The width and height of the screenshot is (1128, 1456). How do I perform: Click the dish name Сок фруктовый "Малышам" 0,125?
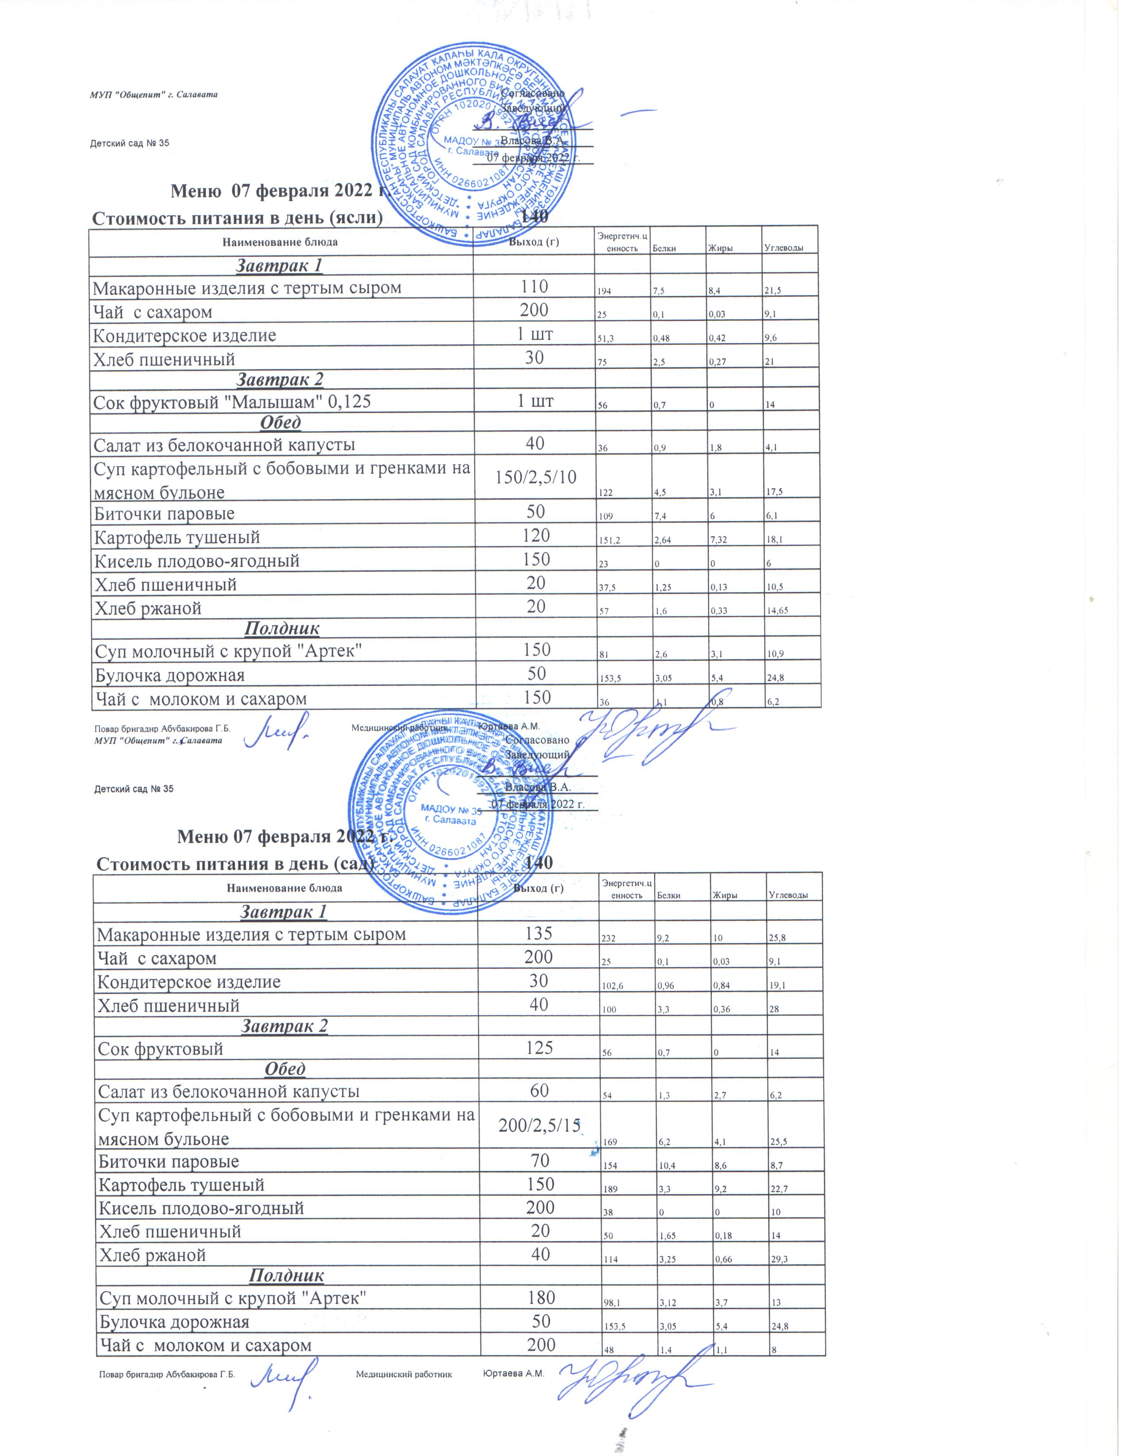pos(231,402)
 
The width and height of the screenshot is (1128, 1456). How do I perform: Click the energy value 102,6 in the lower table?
pos(613,986)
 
